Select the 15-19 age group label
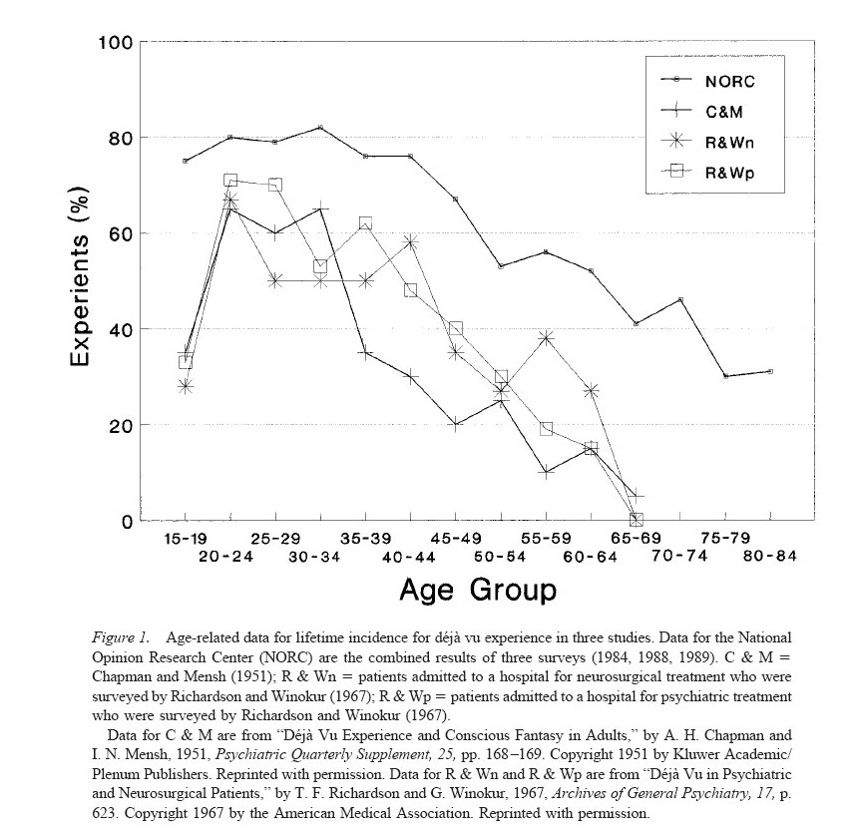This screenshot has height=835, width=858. (x=185, y=538)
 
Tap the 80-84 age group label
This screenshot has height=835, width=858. (x=770, y=556)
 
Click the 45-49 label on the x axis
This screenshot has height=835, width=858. (x=455, y=538)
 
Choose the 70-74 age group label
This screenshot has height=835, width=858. (x=679, y=556)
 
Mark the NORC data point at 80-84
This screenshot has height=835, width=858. (x=770, y=371)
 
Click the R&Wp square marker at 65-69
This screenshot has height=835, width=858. (x=636, y=520)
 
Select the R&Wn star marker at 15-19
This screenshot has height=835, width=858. (x=185, y=386)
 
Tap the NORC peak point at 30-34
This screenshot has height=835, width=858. (x=320, y=128)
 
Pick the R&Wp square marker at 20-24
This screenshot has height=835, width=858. (x=230, y=181)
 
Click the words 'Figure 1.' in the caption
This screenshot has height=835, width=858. (x=120, y=635)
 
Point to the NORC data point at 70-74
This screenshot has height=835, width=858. (x=680, y=299)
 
